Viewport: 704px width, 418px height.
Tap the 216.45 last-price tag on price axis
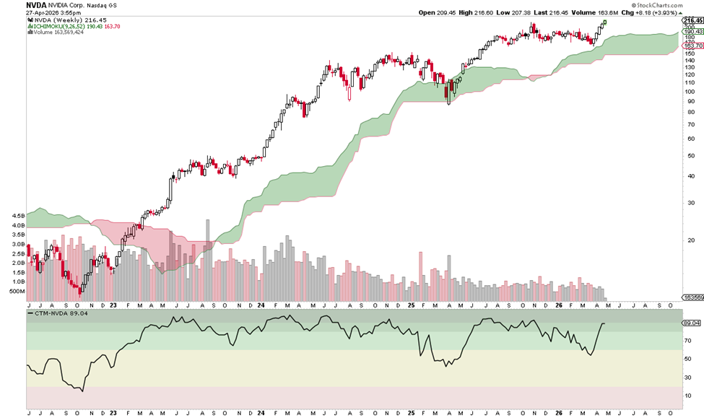(x=692, y=20)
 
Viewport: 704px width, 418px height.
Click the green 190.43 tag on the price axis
(x=692, y=32)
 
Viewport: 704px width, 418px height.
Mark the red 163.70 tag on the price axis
(x=692, y=45)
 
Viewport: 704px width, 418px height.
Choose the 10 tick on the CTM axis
(x=688, y=395)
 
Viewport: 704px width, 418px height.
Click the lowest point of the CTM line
(x=82, y=391)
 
